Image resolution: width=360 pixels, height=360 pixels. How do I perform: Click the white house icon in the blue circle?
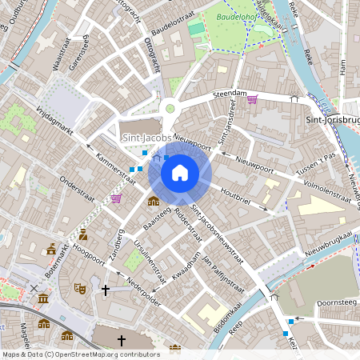pyautogui.click(x=180, y=172)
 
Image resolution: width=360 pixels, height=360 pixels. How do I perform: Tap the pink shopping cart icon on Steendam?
pyautogui.click(x=253, y=99)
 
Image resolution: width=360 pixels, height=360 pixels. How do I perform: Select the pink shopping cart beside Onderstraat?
pyautogui.click(x=116, y=198)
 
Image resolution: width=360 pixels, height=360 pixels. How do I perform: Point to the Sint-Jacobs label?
pyautogui.click(x=147, y=138)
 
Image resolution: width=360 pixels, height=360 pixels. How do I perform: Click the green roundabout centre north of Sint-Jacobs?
pyautogui.click(x=170, y=109)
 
